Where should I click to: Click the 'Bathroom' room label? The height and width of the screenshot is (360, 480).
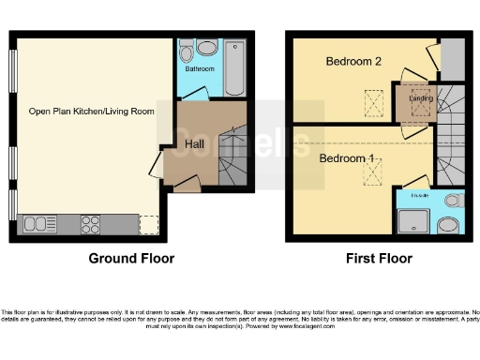tap(199, 69)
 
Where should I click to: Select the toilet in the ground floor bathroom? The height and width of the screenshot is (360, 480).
tap(186, 49)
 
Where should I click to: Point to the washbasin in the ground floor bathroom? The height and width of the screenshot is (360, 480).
tap(208, 47)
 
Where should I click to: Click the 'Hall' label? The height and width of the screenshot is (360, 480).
tap(194, 144)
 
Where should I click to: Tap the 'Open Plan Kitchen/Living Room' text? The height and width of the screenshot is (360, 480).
tap(91, 112)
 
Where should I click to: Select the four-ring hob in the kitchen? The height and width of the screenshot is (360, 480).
tap(91, 224)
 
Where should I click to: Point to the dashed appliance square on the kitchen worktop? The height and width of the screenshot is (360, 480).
tap(148, 224)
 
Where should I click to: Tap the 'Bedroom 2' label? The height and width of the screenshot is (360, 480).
tap(352, 62)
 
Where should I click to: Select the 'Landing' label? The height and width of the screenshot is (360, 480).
tap(420, 97)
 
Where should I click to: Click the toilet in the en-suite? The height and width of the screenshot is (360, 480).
tap(453, 200)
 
